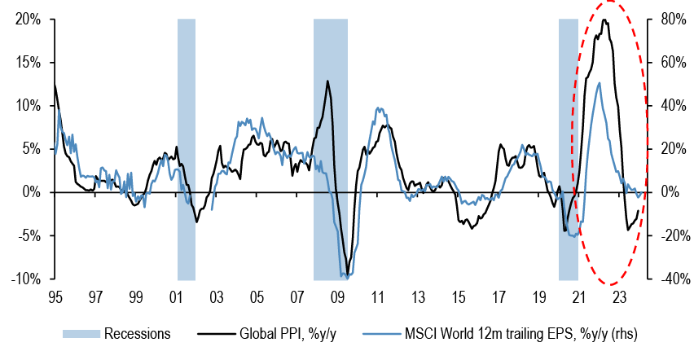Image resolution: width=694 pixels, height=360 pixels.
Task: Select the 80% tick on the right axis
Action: pos(668,19)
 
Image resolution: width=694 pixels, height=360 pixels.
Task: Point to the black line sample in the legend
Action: pos(213,333)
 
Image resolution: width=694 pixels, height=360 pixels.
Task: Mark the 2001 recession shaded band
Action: pos(187,147)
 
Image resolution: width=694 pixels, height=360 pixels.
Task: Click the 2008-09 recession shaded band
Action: pos(330,147)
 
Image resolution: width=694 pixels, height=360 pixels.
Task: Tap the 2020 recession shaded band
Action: pos(568,147)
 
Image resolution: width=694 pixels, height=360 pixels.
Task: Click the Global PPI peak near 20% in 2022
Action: pos(604,20)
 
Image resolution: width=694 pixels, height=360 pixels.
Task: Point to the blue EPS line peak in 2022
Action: pos(600,82)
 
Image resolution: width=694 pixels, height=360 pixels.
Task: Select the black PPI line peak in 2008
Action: pos(327,81)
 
